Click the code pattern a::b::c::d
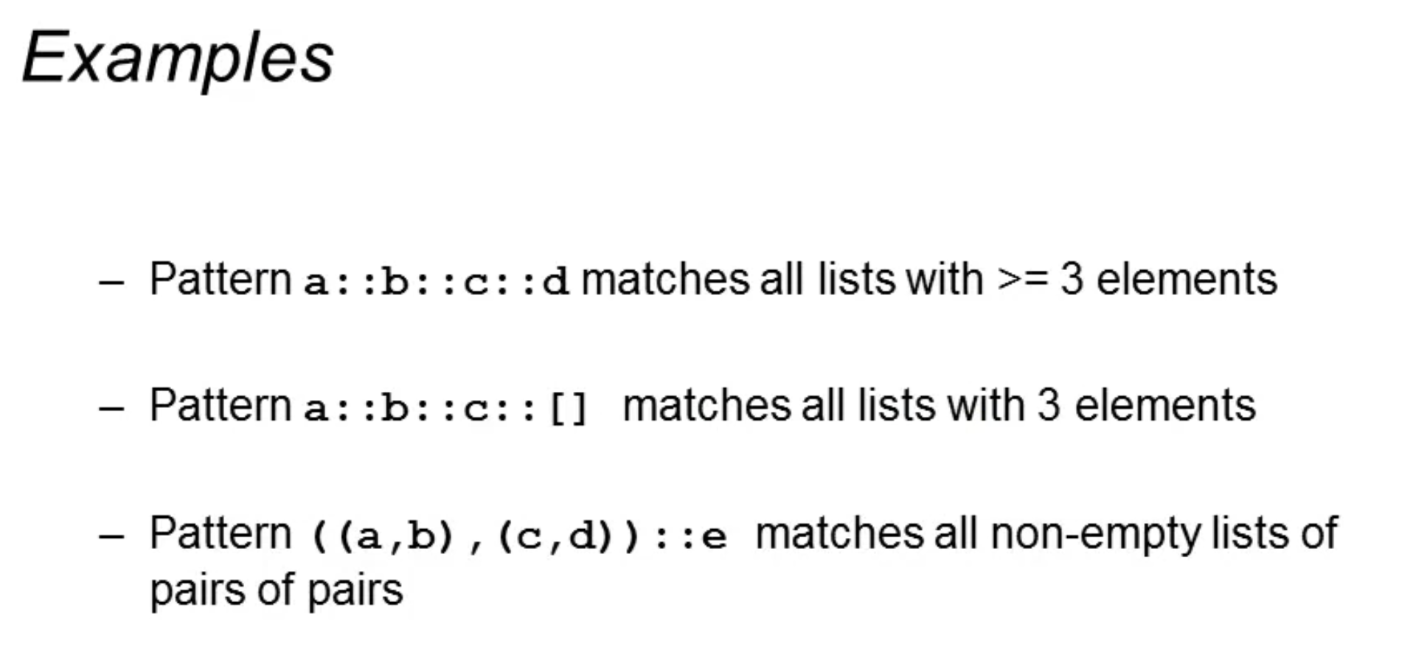[x=436, y=282]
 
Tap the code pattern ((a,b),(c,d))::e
[x=519, y=536]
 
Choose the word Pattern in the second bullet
[x=220, y=407]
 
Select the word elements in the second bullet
[x=1164, y=407]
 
